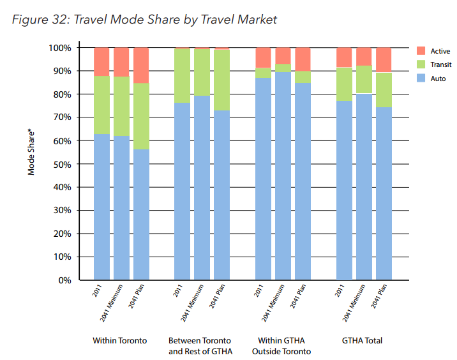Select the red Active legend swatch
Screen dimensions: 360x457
421,51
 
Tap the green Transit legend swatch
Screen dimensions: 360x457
421,64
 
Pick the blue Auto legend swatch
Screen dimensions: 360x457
421,78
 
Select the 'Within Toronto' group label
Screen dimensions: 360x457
120,341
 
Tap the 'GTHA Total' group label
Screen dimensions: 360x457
362,341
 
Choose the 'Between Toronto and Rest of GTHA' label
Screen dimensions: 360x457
199,346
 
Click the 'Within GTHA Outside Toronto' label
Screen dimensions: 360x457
281,346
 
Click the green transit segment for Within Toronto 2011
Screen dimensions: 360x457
102,105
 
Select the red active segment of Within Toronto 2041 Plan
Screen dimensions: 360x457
141,65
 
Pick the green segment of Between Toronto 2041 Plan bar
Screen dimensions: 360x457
221,80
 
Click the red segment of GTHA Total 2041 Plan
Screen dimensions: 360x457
384,59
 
